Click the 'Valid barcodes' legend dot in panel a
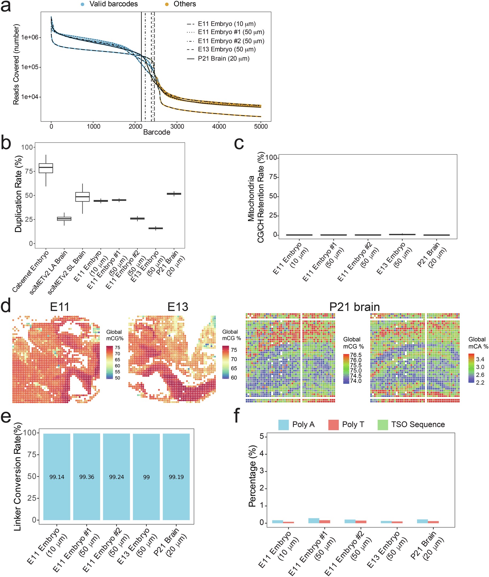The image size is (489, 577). (x=82, y=5)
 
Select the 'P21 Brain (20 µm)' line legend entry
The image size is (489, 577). (x=224, y=59)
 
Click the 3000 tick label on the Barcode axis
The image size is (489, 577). (x=177, y=127)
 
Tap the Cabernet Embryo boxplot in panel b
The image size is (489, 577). (x=46, y=168)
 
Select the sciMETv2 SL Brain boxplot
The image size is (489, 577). (x=82, y=197)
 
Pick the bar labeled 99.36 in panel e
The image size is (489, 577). (x=86, y=477)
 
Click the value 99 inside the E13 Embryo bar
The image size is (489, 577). (x=146, y=477)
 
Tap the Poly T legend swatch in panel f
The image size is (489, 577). (x=333, y=425)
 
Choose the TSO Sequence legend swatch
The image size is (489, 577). (x=383, y=425)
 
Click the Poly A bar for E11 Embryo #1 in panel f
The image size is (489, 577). (x=314, y=520)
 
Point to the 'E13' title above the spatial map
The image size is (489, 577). (x=178, y=307)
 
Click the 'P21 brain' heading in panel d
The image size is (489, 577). (x=354, y=307)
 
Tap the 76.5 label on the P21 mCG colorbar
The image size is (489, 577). (x=356, y=355)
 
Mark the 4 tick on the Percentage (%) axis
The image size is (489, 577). (x=261, y=454)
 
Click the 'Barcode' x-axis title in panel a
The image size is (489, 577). (x=157, y=132)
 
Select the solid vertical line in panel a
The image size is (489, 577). (x=141, y=66)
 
